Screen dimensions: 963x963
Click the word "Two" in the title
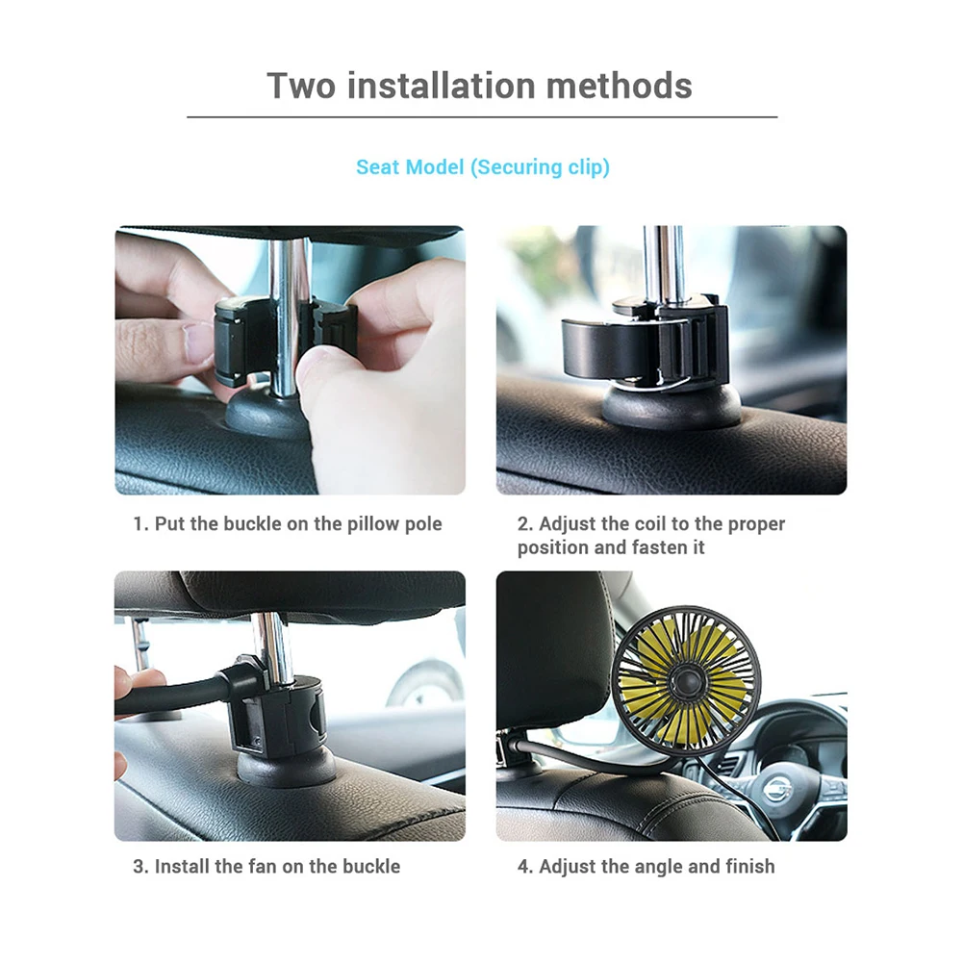point(300,86)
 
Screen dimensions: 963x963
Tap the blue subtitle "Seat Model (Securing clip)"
point(482,167)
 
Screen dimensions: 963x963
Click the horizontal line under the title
point(482,117)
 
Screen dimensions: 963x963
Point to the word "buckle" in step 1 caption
point(254,524)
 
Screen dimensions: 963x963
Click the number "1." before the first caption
point(141,524)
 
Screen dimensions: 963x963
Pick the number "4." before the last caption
point(525,866)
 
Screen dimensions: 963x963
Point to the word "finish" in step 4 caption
point(749,866)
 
